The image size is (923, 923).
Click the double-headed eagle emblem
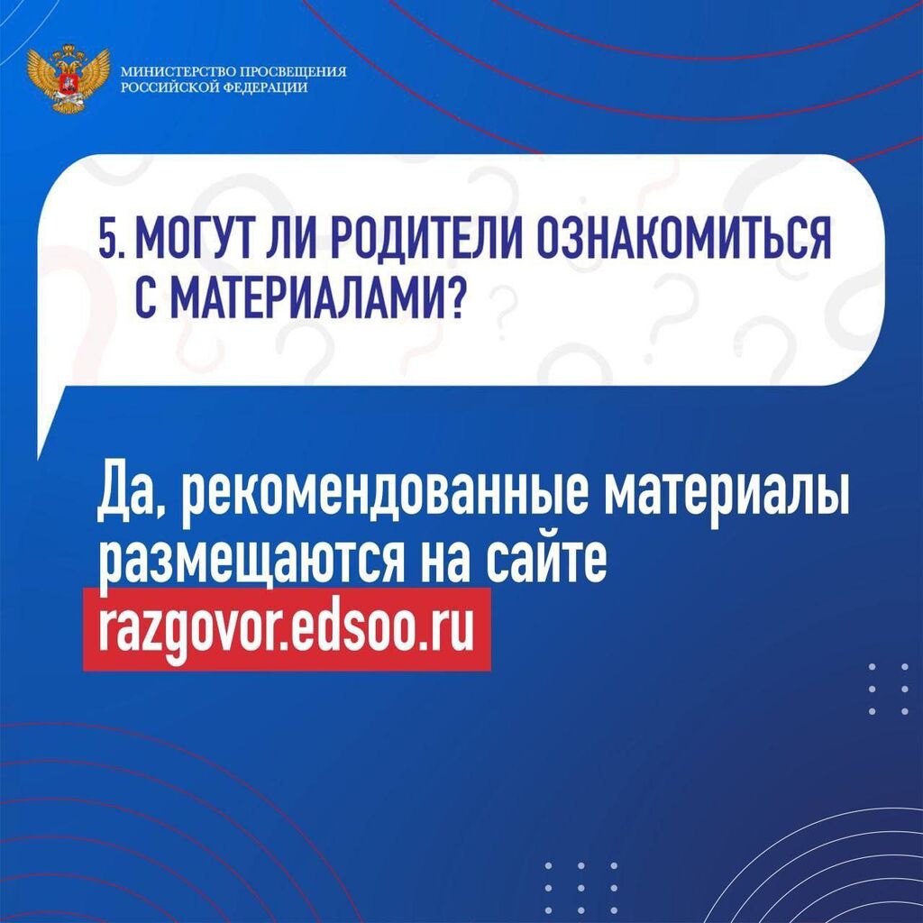coord(69,78)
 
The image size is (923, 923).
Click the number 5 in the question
coord(109,238)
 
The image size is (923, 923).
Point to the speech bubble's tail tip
coord(38,458)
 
